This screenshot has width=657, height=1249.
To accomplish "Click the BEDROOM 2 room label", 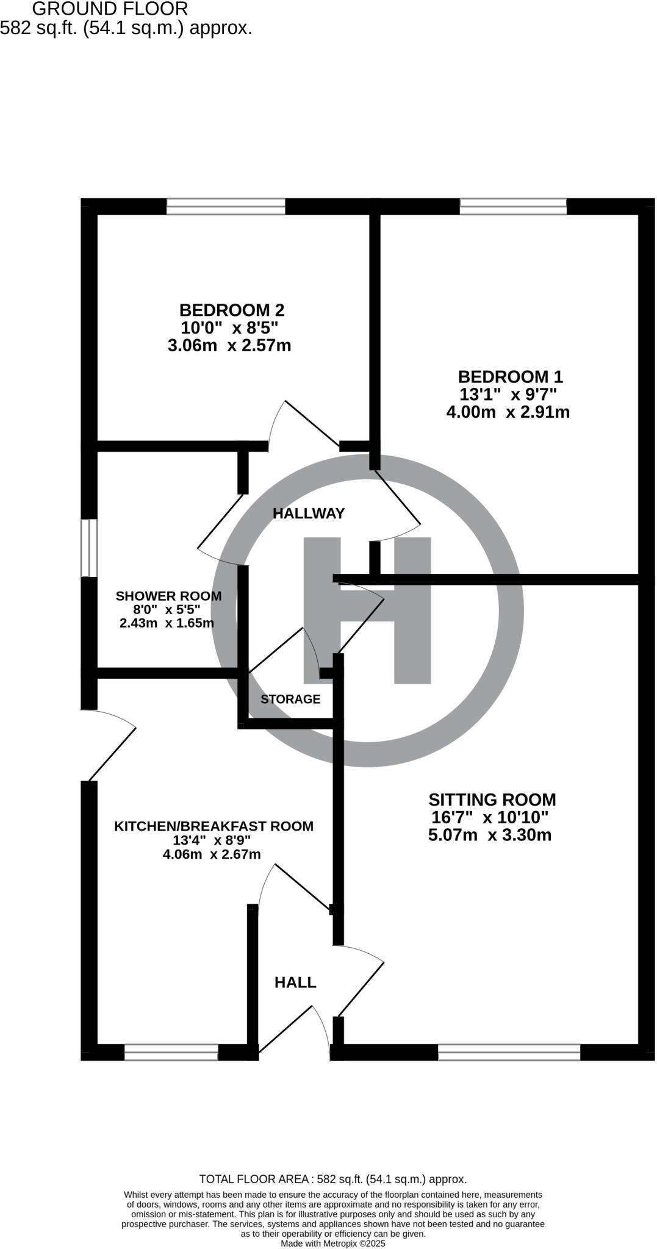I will tap(231, 310).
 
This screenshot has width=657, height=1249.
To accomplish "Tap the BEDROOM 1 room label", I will tap(510, 376).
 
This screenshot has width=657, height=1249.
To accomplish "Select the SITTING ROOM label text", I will tap(492, 800).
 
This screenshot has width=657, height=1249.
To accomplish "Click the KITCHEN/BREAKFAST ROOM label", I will tap(214, 826).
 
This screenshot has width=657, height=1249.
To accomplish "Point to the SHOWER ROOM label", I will tap(168, 596).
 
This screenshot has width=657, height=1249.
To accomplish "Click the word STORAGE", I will tap(290, 699).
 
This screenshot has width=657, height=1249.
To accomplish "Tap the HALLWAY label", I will tap(309, 514).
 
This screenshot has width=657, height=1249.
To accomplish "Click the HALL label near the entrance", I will tap(295, 982).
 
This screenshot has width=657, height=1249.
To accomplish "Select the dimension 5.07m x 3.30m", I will tap(490, 835).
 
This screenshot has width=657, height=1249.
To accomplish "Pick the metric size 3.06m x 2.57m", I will tap(229, 346).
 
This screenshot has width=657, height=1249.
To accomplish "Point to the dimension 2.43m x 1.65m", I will tap(167, 623).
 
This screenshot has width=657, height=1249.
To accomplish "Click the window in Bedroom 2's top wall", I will tap(226, 207).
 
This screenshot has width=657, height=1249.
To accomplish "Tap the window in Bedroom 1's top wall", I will tap(513, 207).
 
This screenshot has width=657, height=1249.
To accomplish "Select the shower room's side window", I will tap(89, 548).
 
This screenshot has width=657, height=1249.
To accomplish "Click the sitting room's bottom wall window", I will tap(509, 1052).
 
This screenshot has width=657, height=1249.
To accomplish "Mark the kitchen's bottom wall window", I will tap(171, 1052).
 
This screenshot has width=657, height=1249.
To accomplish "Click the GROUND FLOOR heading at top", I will tap(110, 9).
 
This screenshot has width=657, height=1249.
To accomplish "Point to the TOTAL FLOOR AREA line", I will tap(333, 1179).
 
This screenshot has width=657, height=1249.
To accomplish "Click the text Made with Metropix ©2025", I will tap(333, 1243).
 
